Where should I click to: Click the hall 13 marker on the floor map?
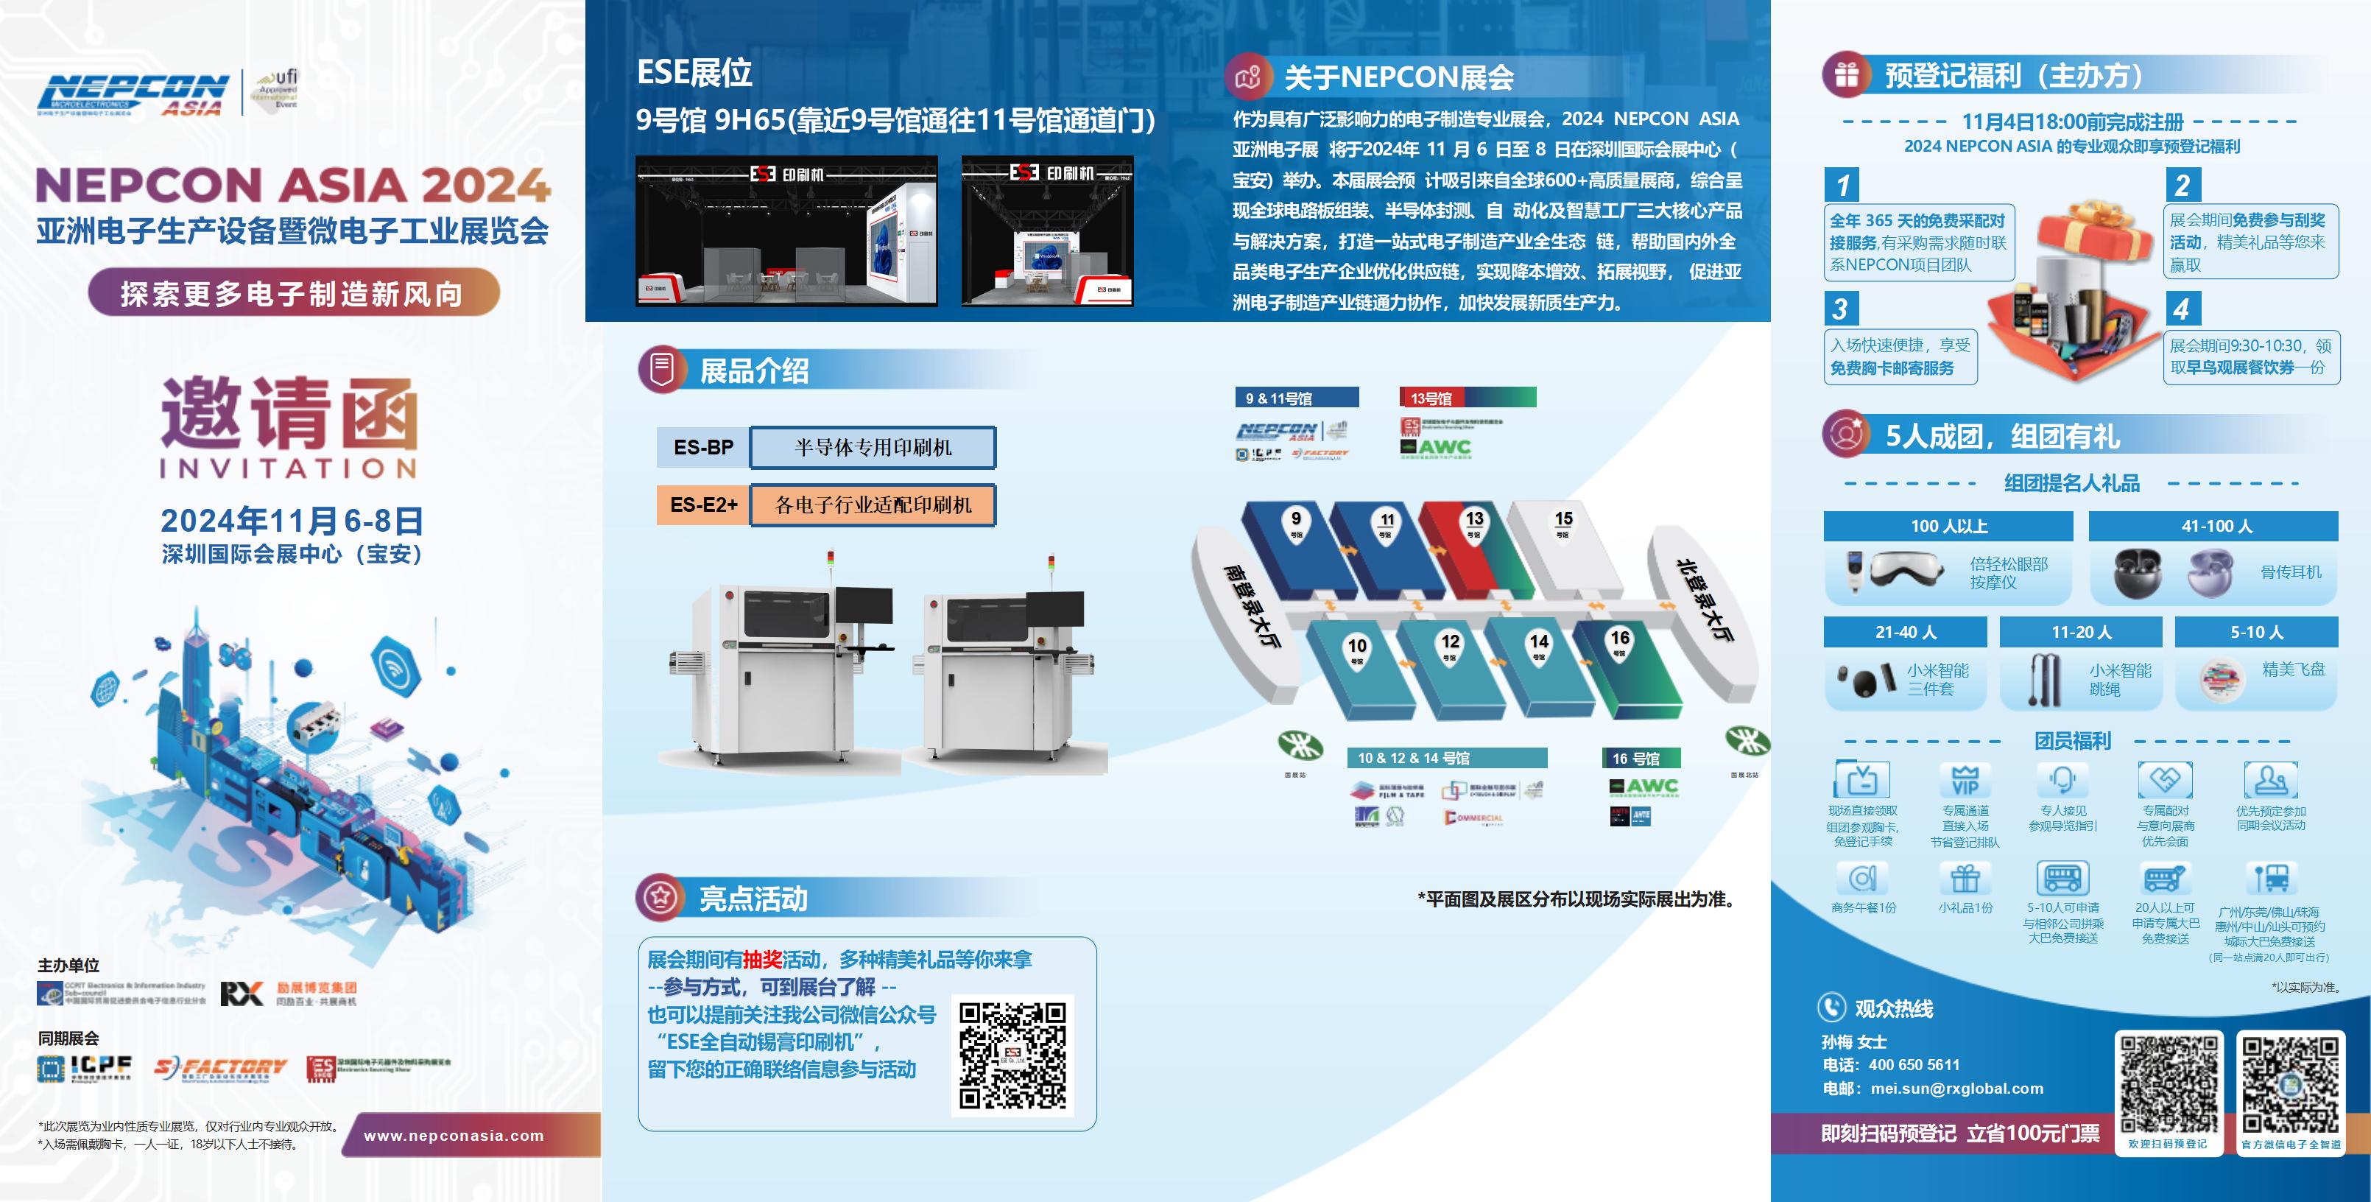pyautogui.click(x=1474, y=524)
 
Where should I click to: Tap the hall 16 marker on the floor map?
pyautogui.click(x=1620, y=642)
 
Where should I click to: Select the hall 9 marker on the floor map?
pyautogui.click(x=1296, y=523)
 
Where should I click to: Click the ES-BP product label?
pyautogui.click(x=703, y=447)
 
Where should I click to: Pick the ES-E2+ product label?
pyautogui.click(x=703, y=505)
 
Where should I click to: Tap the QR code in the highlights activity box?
pyautogui.click(x=1012, y=1055)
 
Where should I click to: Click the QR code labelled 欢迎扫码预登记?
pyautogui.click(x=2169, y=1083)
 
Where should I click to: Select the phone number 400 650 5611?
pyautogui.click(x=1914, y=1065)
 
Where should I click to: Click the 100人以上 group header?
pyautogui.click(x=1948, y=527)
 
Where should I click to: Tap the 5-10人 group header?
pyautogui.click(x=2256, y=632)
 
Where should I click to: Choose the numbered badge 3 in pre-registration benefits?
pyautogui.click(x=1841, y=309)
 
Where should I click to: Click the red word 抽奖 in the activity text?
pyautogui.click(x=762, y=960)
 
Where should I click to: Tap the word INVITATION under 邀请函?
pyautogui.click(x=289, y=468)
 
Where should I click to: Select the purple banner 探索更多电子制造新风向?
pyautogui.click(x=293, y=294)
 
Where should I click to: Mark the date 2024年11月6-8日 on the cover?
pyautogui.click(x=292, y=521)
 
